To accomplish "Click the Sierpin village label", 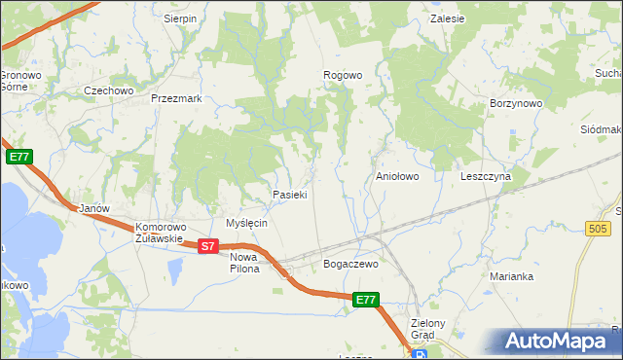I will (180, 18).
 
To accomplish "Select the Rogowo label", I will (343, 75).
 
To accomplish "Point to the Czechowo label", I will (108, 90).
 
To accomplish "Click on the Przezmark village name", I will (176, 98).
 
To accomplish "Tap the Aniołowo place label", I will (397, 177).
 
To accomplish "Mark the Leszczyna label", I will (486, 177).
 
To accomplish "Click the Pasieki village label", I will (290, 195).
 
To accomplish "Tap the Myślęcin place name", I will (246, 223).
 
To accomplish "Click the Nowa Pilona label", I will (245, 263).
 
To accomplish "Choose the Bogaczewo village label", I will (349, 264).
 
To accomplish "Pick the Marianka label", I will (511, 276).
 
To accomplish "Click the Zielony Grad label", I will (428, 329).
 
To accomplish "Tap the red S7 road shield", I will (207, 247).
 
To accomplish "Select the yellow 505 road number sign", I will (600, 228).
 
